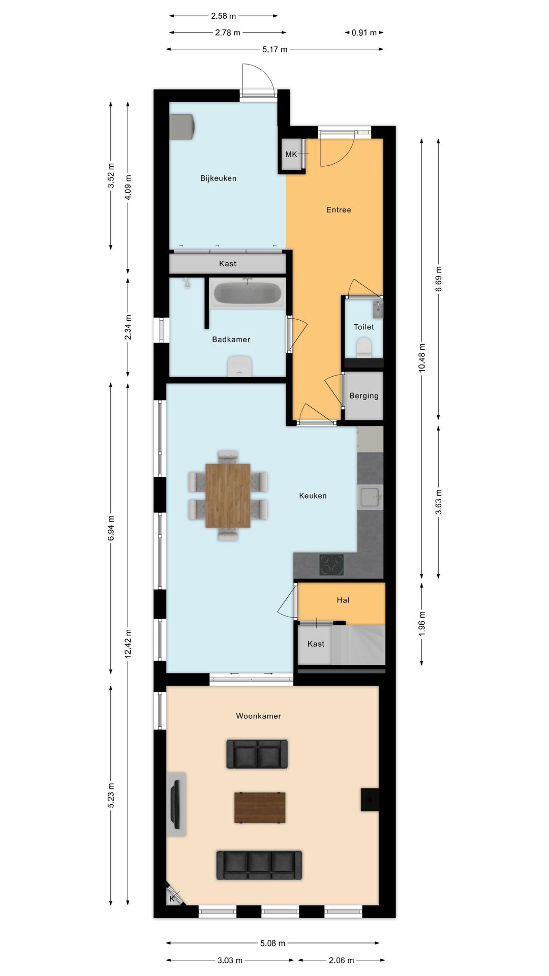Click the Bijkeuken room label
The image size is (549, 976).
tap(218, 178)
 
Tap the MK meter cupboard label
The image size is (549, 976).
tap(291, 154)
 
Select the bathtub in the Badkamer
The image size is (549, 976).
tap(247, 293)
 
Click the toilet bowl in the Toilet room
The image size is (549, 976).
tap(363, 348)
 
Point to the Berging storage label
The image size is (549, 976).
tap(363, 395)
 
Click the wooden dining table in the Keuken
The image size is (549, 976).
tap(228, 495)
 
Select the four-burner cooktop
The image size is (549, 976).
tap(331, 565)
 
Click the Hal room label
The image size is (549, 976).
tap(343, 600)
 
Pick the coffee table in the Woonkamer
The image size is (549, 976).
tap(260, 807)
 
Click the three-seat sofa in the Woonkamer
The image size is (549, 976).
tap(259, 864)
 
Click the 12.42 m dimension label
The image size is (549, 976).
tap(128, 644)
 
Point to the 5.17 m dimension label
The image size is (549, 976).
tap(275, 49)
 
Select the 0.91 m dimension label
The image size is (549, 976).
tap(364, 33)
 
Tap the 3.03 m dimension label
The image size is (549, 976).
tap(230, 960)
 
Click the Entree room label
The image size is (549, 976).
tap(339, 209)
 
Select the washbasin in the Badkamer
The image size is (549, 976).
tap(240, 367)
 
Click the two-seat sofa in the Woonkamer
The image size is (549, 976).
tap(257, 753)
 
